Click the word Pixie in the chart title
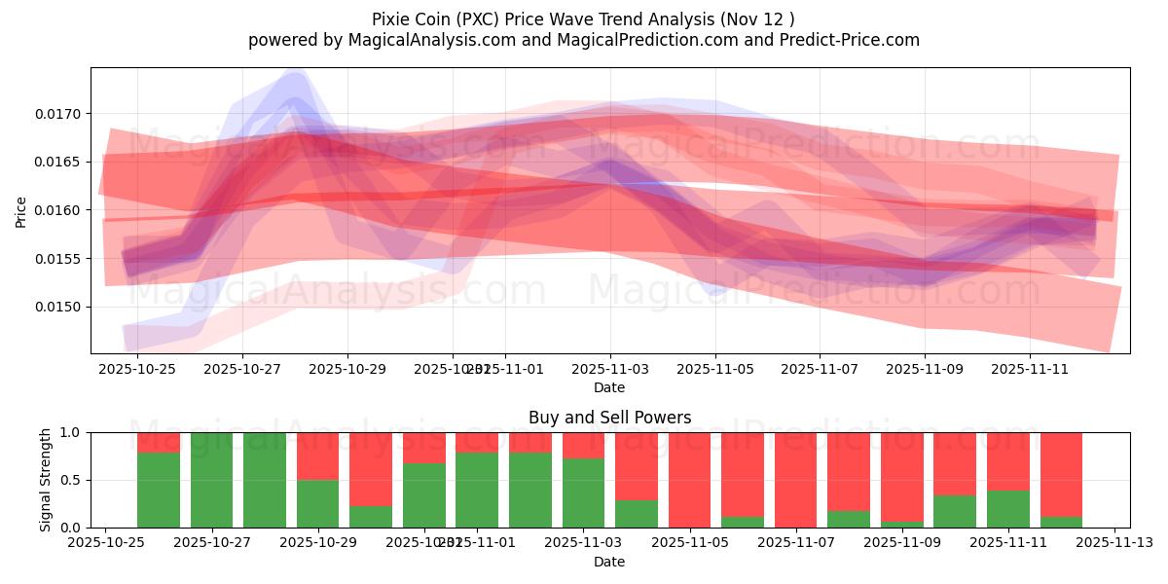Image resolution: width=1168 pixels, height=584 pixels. pyautogui.click(x=392, y=18)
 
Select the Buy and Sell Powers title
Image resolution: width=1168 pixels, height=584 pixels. pyautogui.click(x=609, y=418)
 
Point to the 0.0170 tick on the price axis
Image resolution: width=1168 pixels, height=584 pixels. pyautogui.click(x=61, y=114)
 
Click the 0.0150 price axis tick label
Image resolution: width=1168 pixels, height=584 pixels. pyautogui.click(x=61, y=307)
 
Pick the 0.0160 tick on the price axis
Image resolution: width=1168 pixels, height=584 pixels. pyautogui.click(x=61, y=210)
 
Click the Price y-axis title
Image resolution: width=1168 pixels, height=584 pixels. pyautogui.click(x=21, y=210)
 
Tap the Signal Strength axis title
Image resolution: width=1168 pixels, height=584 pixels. pyautogui.click(x=46, y=480)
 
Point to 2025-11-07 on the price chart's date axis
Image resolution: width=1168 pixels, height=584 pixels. pyautogui.click(x=820, y=370)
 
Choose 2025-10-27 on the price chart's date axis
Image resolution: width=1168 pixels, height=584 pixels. pyautogui.click(x=242, y=370)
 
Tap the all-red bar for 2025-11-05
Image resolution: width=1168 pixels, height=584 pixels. pyautogui.click(x=689, y=480)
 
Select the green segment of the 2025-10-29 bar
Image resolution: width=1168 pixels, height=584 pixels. pyautogui.click(x=317, y=503)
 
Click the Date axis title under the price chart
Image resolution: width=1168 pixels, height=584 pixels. pyautogui.click(x=609, y=387)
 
